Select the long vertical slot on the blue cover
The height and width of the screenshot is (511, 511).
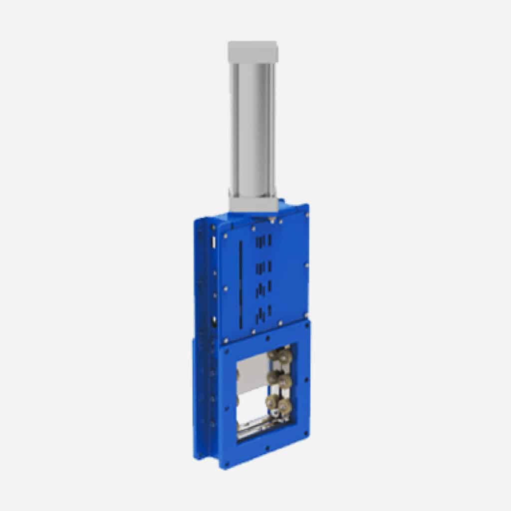coord(243,279)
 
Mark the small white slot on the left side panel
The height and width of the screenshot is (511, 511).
coord(214,242)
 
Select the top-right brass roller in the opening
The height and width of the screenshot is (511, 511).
coord(285,356)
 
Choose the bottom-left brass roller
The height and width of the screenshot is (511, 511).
coord(273,402)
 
